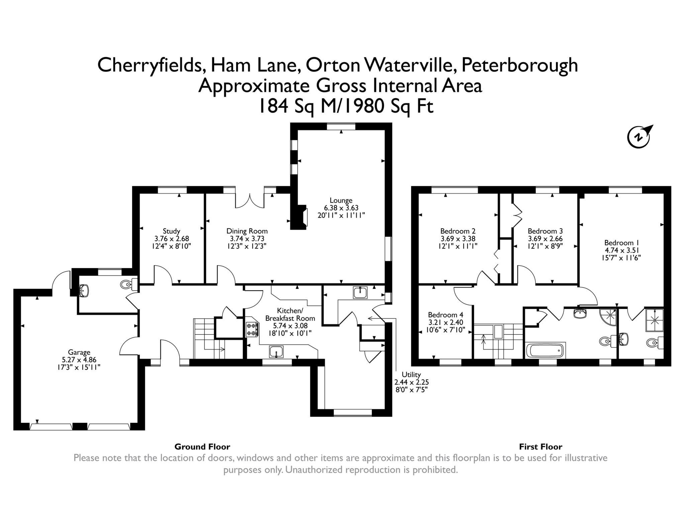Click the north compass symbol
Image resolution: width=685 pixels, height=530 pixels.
coord(639,136)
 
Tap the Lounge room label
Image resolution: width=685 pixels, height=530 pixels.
coord(341,201)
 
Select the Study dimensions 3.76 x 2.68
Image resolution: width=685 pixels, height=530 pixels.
coord(172,239)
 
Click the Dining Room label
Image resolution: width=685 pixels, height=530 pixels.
coord(247,231)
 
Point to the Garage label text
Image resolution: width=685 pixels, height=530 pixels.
coord(79,352)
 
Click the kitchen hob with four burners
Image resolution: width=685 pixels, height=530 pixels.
coord(252,329)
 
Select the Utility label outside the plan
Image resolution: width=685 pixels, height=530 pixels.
coord(411,374)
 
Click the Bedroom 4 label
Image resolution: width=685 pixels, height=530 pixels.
coord(446,315)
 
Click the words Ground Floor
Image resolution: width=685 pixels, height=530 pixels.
coord(202,447)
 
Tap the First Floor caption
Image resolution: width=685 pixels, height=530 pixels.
coord(541,447)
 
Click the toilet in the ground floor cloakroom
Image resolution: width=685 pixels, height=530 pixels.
coord(126,284)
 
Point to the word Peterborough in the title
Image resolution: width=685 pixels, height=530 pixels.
coord(519,65)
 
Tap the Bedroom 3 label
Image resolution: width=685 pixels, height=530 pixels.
coord(545,231)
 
